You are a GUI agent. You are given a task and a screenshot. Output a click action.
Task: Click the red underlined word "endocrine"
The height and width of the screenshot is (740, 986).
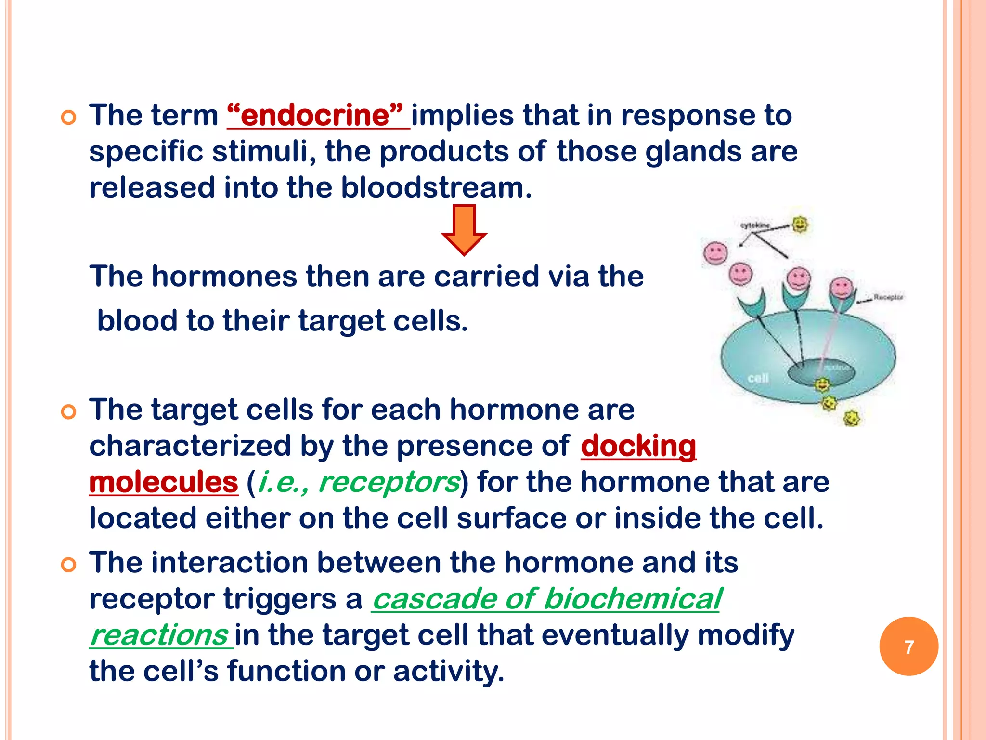318,116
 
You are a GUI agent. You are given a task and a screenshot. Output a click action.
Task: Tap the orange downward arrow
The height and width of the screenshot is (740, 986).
464,229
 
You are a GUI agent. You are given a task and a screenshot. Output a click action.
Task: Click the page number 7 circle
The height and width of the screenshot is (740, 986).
908,647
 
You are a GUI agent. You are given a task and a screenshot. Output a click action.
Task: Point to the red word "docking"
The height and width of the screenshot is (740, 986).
638,446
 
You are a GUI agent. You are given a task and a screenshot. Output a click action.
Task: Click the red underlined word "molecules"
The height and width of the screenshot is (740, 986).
164,482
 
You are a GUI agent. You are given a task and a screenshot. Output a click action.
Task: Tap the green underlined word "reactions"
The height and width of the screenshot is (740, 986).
159,635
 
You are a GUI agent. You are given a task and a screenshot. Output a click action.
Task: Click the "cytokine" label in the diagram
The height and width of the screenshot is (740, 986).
754,225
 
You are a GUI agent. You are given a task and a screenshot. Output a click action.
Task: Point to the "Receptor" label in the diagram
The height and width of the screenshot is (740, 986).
888,297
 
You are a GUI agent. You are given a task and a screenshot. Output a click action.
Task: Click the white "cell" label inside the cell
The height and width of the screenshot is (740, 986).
758,379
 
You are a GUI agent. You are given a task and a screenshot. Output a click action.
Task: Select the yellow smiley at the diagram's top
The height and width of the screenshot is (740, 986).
800,224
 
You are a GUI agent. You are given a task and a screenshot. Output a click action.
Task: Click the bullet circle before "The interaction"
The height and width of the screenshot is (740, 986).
69,564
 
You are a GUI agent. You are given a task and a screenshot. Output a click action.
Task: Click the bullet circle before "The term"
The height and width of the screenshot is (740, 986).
69,117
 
